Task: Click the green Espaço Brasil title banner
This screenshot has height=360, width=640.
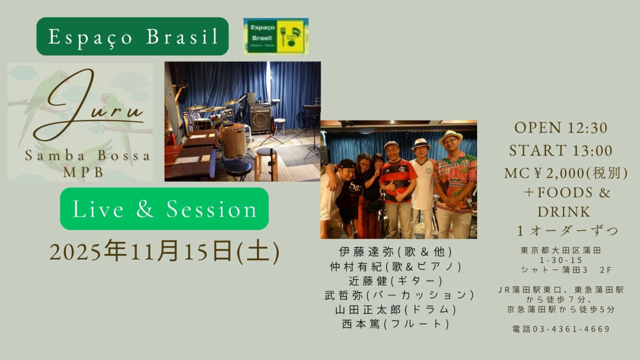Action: (x=132, y=36)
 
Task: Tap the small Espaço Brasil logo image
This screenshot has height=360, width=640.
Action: (x=276, y=36)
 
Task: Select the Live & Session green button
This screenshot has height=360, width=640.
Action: (x=164, y=209)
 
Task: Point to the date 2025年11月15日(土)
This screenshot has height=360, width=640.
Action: (x=164, y=251)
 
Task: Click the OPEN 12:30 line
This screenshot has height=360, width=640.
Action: (x=561, y=127)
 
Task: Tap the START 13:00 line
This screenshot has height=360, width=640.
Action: (x=561, y=150)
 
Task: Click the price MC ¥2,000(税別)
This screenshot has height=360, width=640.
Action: (x=566, y=173)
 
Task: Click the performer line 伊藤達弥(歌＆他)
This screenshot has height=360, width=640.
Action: (x=396, y=251)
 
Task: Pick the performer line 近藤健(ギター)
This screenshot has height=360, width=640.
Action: (x=396, y=281)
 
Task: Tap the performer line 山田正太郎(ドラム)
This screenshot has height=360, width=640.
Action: (x=396, y=309)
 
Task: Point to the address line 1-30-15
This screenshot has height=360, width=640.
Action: (x=561, y=260)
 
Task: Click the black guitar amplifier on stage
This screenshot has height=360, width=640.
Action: (x=260, y=116)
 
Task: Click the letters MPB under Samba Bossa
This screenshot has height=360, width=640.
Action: (x=83, y=172)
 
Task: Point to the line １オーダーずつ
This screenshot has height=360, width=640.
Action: (x=567, y=231)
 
